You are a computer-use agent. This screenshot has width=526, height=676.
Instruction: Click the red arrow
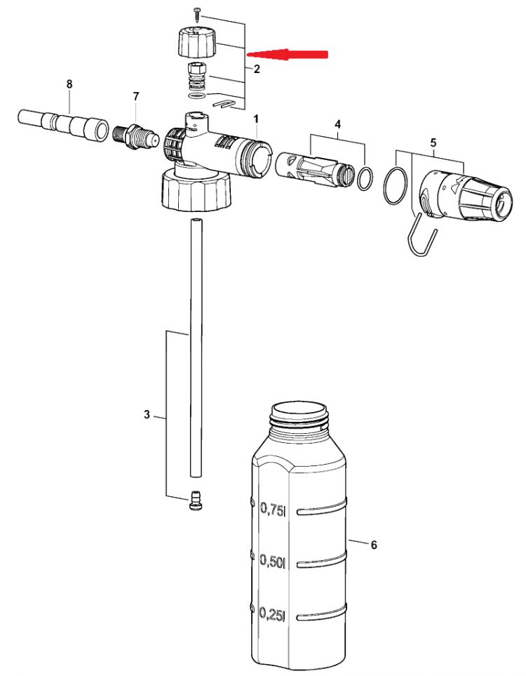pos(288,54)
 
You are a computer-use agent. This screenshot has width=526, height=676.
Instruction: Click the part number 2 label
pos(257,69)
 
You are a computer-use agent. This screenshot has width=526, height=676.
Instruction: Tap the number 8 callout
pos(69,84)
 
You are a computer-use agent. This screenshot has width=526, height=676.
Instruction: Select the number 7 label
pos(136,96)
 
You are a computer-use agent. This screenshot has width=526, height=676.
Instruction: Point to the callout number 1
pos(256,119)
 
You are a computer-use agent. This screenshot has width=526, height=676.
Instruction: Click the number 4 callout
pos(338,124)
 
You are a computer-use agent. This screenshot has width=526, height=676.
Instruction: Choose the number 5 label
pos(433,143)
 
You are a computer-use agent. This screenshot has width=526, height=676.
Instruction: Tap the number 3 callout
pos(147,415)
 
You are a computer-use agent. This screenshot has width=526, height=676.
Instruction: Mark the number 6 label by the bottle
pos(374,545)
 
